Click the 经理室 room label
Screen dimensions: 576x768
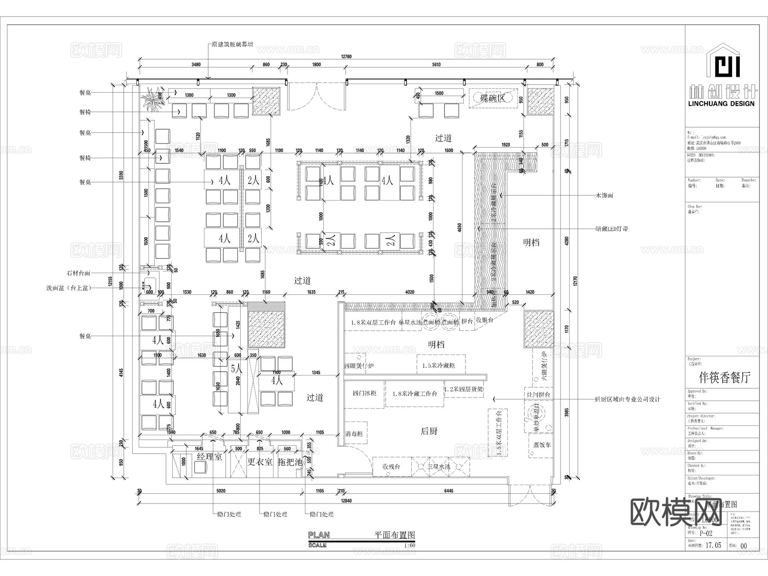(x=209, y=457)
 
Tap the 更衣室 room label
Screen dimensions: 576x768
(x=260, y=462)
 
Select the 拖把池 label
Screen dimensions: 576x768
(x=290, y=462)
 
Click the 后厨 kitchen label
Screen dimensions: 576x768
(x=429, y=431)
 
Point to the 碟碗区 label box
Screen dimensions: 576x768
(x=493, y=98)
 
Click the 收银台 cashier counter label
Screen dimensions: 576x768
(x=485, y=320)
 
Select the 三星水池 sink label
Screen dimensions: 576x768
(x=439, y=467)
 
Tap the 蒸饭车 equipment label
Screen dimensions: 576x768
(x=542, y=445)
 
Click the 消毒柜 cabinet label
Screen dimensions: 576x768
(x=354, y=434)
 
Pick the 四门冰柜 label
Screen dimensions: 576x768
(x=365, y=393)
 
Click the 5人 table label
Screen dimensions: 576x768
(x=236, y=368)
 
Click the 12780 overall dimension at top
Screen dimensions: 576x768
(x=346, y=57)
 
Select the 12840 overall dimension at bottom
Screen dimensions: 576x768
(x=346, y=501)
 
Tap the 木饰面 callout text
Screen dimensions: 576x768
(x=604, y=195)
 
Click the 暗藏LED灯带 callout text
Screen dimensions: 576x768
(x=611, y=229)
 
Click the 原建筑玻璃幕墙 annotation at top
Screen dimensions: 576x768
(x=233, y=44)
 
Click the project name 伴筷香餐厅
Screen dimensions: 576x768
(x=724, y=378)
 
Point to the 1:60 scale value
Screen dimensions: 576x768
(x=409, y=545)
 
